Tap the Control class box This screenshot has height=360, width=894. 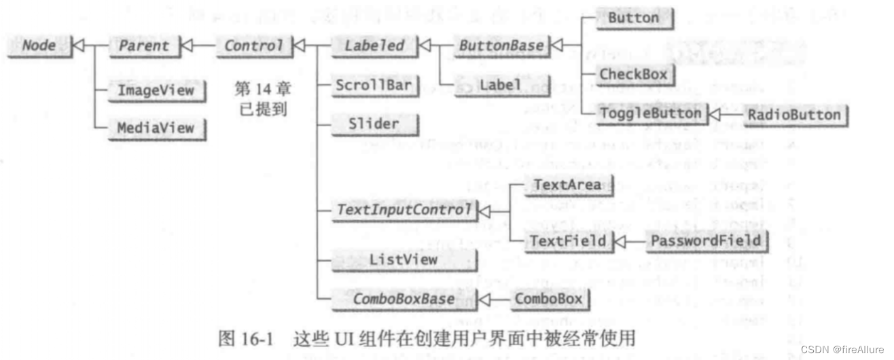[x=253, y=46]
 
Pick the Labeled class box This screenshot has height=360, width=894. [x=374, y=46]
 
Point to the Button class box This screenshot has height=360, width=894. [x=632, y=18]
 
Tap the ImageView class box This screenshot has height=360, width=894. [x=156, y=90]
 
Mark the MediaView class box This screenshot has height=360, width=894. [x=156, y=127]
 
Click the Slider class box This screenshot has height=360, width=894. [x=374, y=124]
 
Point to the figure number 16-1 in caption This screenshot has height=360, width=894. [x=256, y=337]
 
